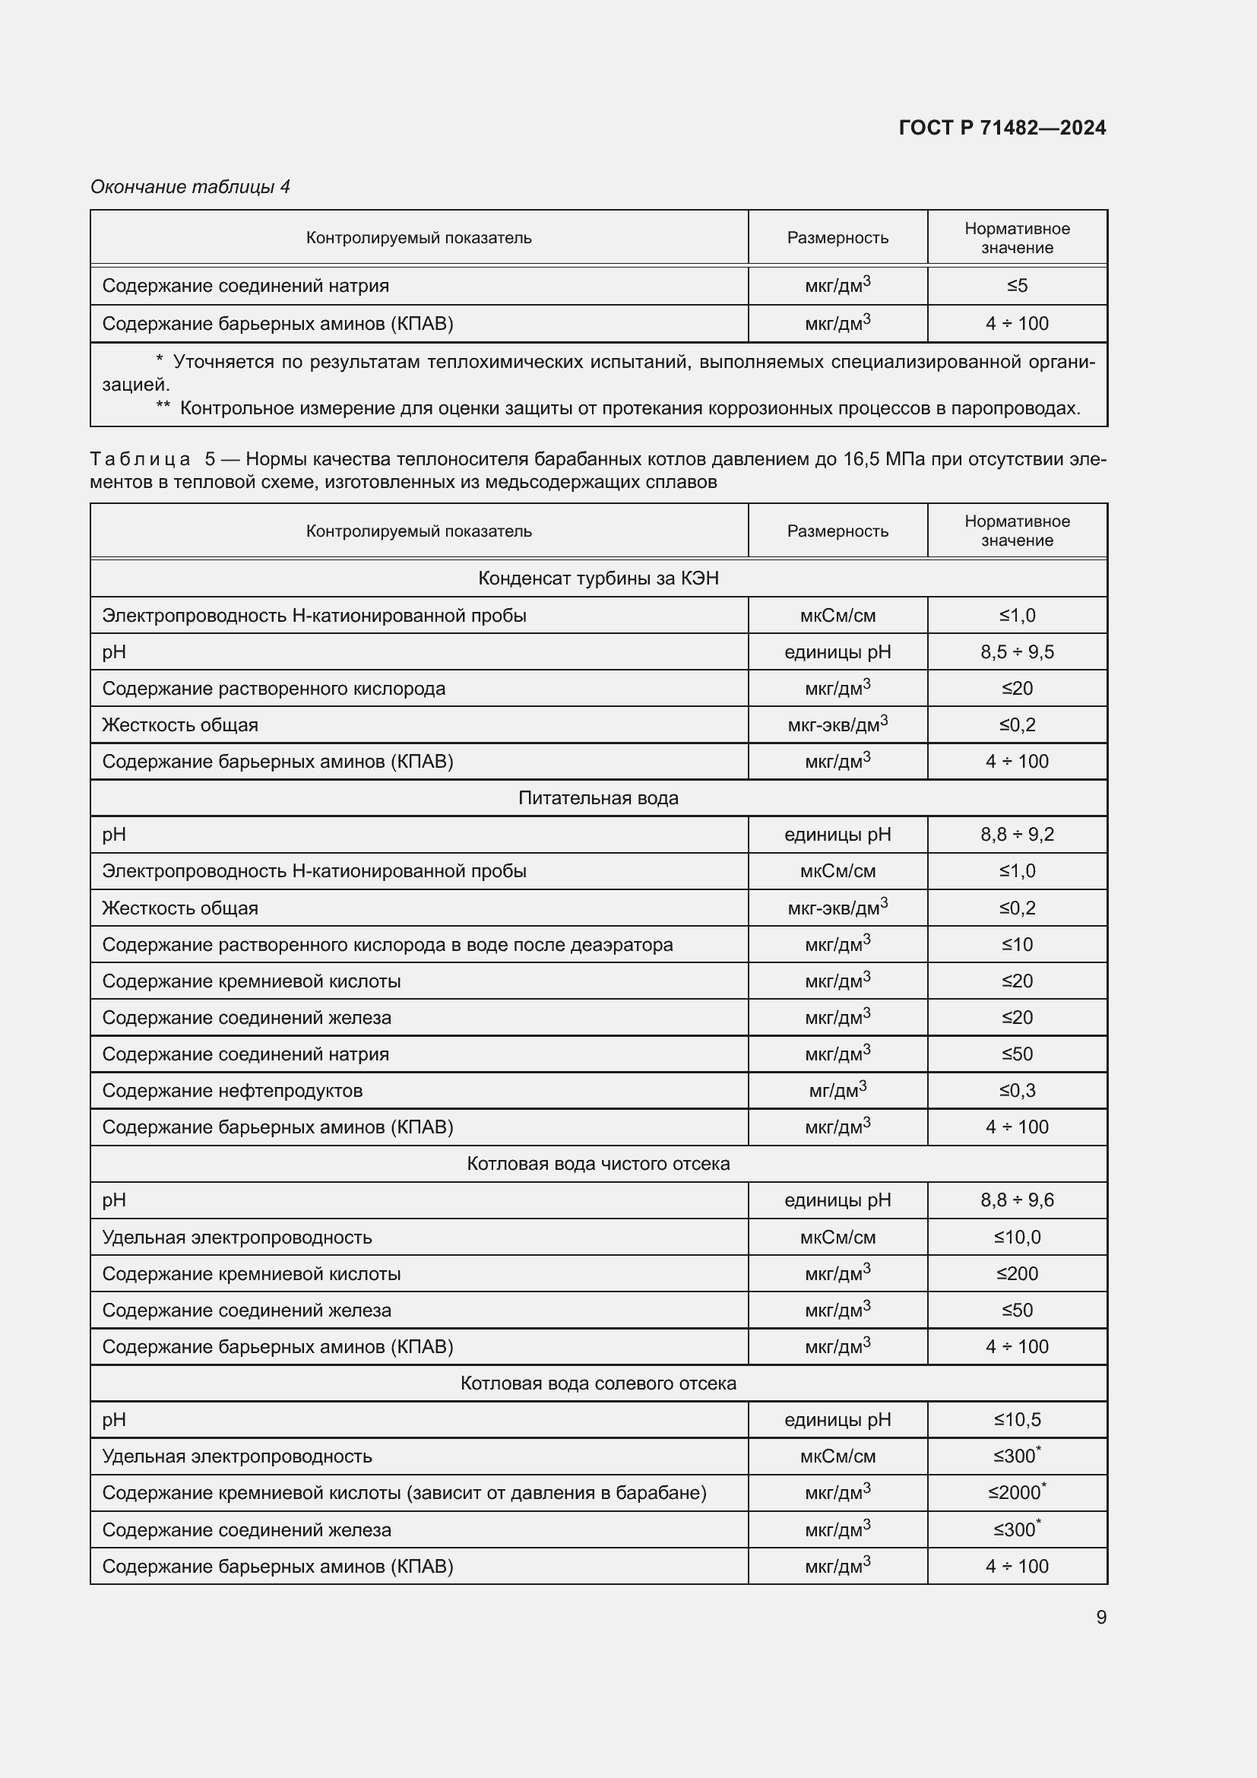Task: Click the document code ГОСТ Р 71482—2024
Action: point(1002,128)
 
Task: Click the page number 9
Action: point(1100,1617)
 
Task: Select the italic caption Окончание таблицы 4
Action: point(190,187)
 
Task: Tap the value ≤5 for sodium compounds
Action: point(1016,286)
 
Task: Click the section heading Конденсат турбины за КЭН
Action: point(597,578)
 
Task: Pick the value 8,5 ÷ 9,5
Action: point(1016,652)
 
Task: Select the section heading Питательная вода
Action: point(597,797)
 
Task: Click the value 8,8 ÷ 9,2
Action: point(1016,834)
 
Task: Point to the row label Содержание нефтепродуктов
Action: point(233,1090)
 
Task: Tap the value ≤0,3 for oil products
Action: point(1016,1090)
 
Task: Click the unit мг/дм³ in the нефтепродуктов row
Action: point(837,1090)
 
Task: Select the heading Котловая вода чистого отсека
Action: point(597,1163)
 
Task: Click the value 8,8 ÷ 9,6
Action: point(1016,1200)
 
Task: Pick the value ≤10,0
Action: point(1016,1237)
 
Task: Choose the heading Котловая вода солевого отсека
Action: point(597,1383)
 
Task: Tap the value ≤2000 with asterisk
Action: point(1016,1492)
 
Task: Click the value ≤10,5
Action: point(1016,1419)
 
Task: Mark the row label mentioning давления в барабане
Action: point(404,1492)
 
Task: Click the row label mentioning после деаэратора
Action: point(387,944)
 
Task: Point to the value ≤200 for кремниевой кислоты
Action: point(1016,1273)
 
